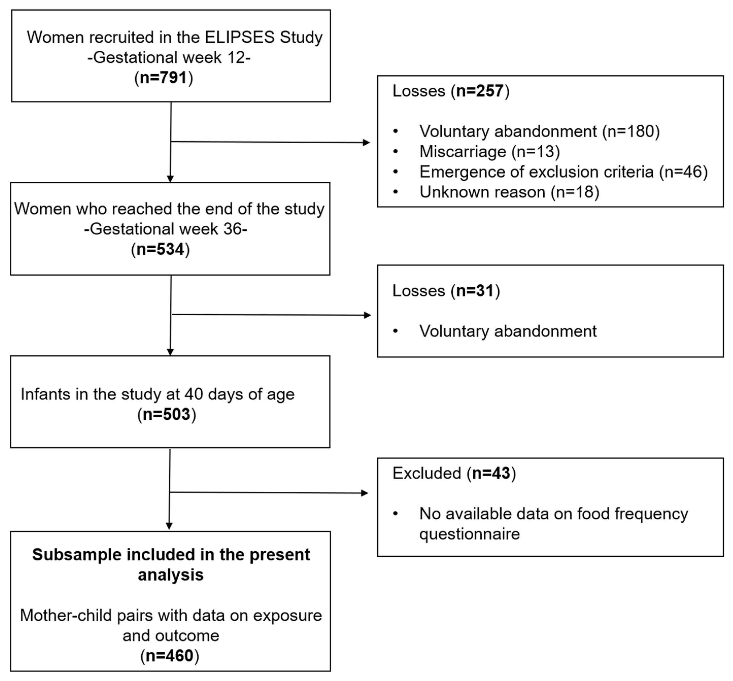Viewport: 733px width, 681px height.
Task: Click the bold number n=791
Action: coord(163,78)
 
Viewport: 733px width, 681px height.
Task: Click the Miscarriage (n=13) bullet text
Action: coord(489,151)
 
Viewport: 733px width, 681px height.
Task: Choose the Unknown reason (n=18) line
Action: coord(509,192)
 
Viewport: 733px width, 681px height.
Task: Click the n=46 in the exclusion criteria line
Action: coord(684,172)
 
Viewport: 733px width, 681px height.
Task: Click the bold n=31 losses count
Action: coord(475,291)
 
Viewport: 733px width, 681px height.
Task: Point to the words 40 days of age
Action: coord(239,394)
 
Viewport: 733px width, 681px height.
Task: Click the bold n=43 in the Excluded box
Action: coord(491,473)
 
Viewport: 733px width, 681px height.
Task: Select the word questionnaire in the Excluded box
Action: coord(469,534)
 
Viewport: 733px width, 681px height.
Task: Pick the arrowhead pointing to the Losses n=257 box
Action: coord(366,143)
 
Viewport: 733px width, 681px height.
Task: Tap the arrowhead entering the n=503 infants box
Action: coord(170,352)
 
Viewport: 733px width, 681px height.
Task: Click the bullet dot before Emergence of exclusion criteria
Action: coord(396,172)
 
